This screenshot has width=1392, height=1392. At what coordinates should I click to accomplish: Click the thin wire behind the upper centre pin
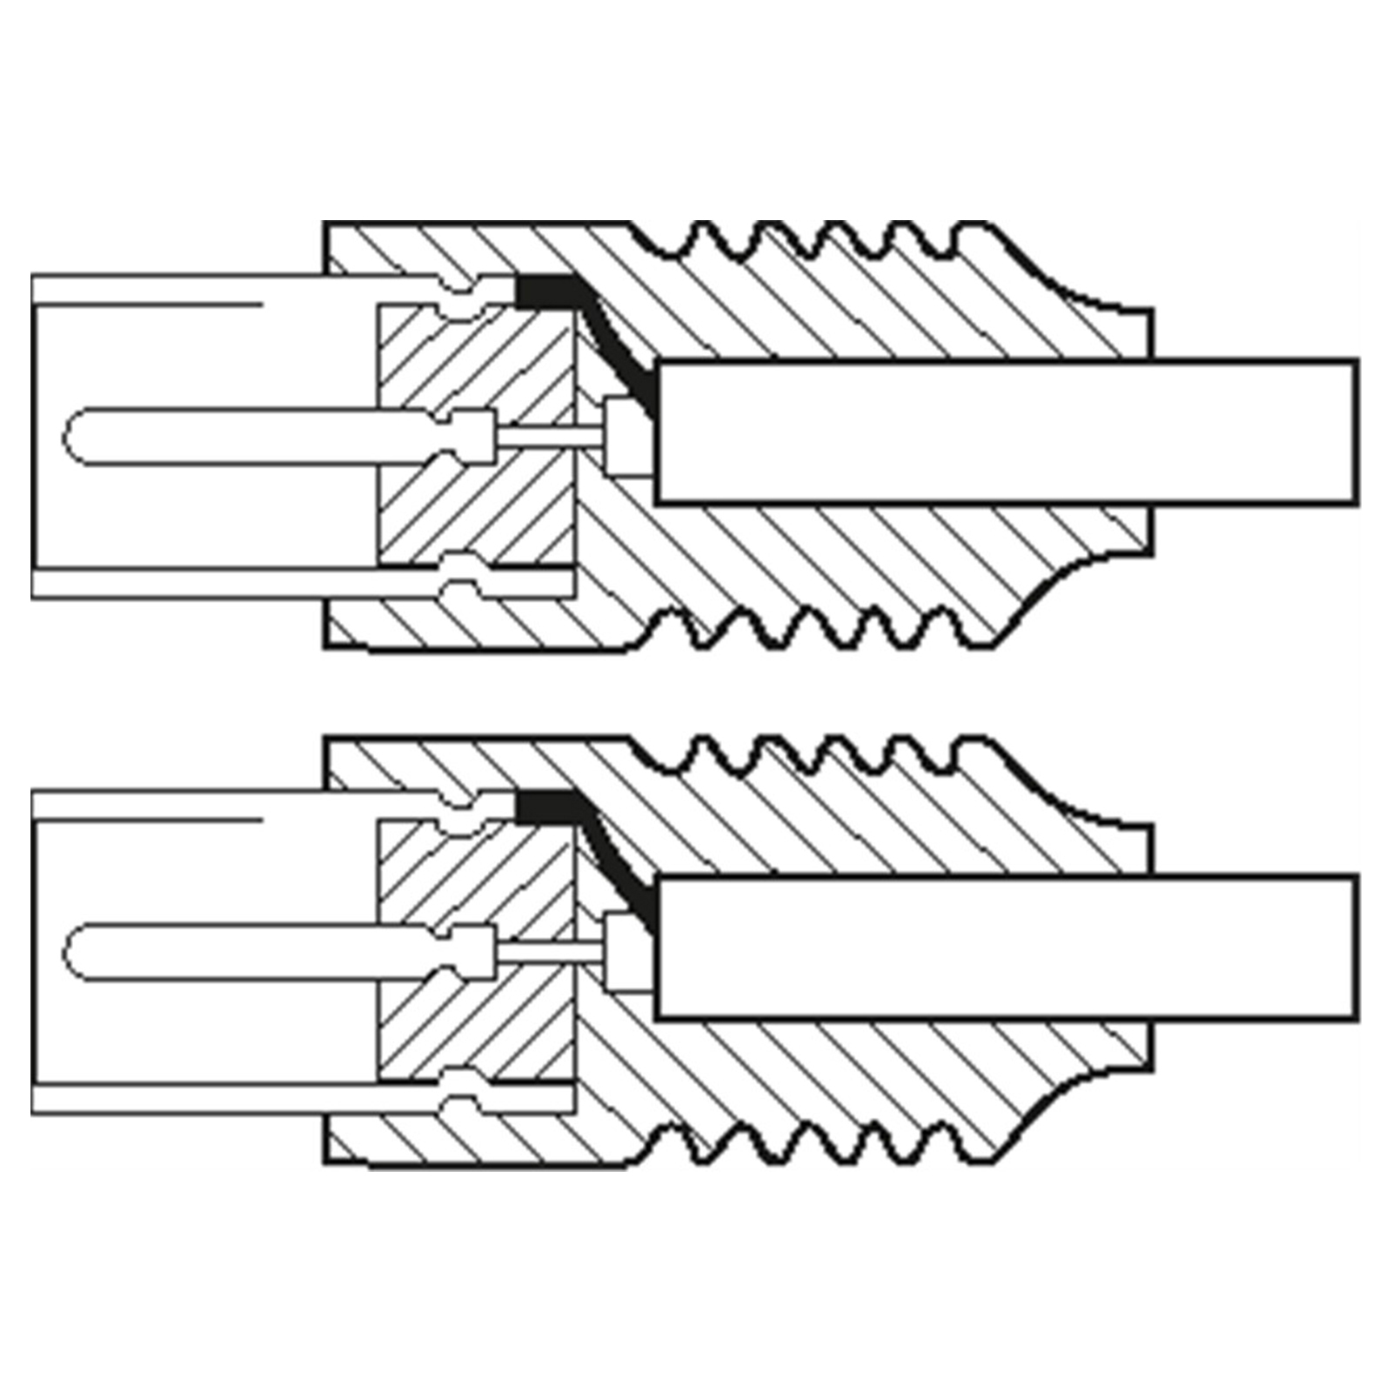click(548, 437)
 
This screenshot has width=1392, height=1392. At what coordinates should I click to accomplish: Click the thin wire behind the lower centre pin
click(548, 952)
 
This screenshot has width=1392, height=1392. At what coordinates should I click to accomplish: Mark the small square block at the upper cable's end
click(625, 435)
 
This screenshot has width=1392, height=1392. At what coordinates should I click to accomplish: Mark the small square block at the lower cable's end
click(625, 950)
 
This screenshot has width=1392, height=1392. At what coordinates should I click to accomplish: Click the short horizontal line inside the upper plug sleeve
click(148, 304)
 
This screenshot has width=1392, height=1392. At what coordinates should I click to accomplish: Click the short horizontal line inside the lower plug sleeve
click(148, 820)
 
